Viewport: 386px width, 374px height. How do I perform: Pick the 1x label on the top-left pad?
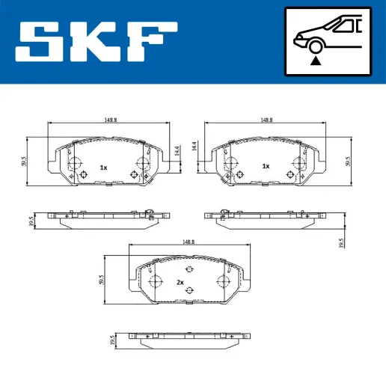click(104, 168)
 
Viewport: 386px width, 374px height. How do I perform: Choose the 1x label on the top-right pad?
click(265, 166)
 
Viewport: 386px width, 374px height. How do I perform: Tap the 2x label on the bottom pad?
click(180, 282)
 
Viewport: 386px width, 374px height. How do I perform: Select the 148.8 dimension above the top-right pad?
click(266, 119)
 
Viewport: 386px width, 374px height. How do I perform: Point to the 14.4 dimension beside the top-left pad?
click(177, 150)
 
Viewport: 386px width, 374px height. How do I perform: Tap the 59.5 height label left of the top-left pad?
click(25, 162)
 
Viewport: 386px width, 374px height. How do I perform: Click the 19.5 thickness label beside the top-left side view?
click(31, 221)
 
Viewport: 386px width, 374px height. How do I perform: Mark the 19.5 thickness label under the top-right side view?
click(341, 243)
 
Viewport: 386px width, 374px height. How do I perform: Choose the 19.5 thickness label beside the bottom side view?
click(113, 339)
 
